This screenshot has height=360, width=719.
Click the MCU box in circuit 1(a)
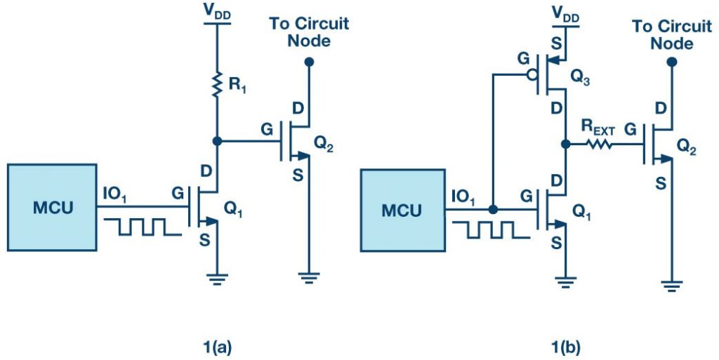52,207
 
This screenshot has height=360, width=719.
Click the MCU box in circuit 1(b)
402,210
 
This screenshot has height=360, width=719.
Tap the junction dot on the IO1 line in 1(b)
494,209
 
